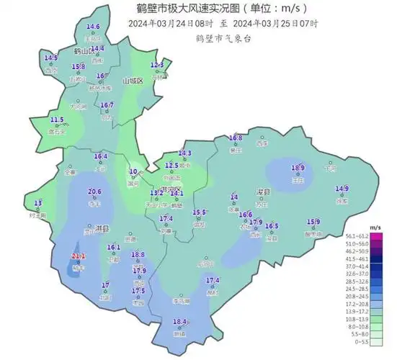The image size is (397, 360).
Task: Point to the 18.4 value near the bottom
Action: click(180, 322)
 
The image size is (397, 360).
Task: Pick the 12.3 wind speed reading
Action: click(157, 65)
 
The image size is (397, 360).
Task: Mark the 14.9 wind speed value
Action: click(342, 189)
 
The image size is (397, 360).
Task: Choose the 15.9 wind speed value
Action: click(314, 222)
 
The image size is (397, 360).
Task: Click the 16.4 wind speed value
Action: click(101, 156)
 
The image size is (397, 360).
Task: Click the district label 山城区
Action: click(133, 81)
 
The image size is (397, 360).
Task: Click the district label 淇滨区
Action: click(171, 188)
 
